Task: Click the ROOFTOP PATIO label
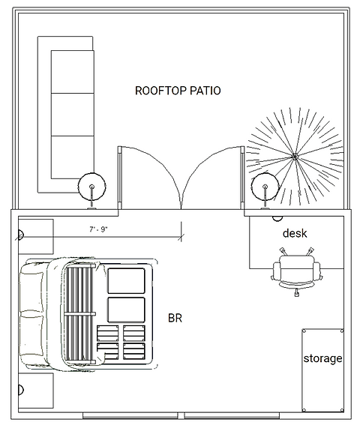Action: (178, 91)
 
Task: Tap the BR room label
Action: (175, 318)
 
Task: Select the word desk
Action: (295, 233)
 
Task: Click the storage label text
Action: (322, 358)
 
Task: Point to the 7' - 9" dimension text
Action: (98, 229)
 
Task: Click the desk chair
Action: (296, 271)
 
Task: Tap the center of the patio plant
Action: (295, 157)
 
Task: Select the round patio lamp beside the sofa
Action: (91, 187)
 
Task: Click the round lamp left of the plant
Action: (265, 187)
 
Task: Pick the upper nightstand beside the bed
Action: (36, 236)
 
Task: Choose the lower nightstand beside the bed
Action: (36, 391)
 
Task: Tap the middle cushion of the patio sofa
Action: (73, 115)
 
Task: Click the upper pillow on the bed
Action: (32, 287)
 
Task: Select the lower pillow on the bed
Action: (32, 340)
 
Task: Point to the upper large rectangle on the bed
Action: (127, 281)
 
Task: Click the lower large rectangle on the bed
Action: (127, 310)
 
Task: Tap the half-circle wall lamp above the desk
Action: (277, 218)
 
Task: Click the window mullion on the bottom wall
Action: (181, 416)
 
